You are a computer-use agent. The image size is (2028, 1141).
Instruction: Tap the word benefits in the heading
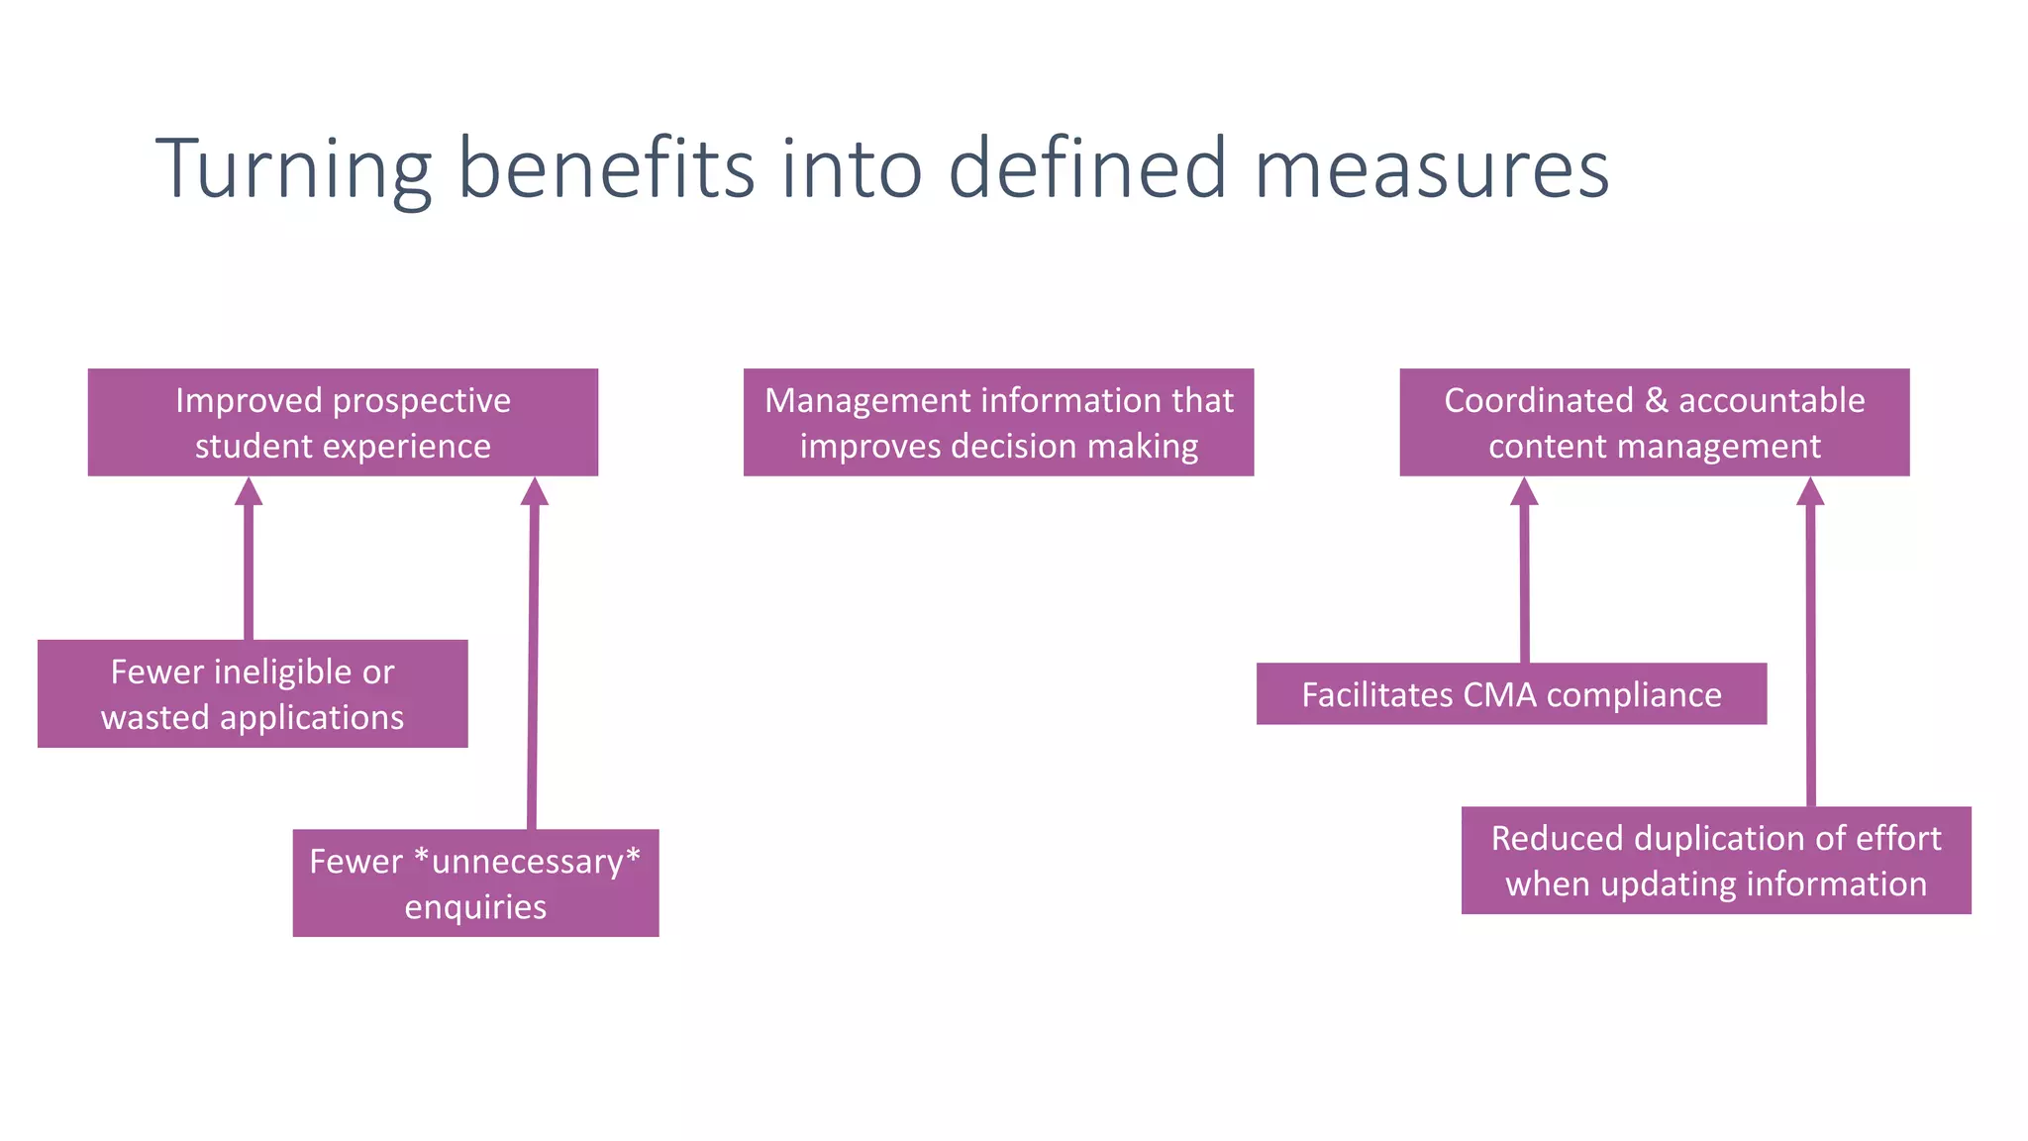pyautogui.click(x=606, y=168)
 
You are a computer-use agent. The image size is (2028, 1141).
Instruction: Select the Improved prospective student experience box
pyautogui.click(x=343, y=423)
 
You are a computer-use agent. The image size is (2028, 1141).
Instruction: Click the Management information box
pyautogui.click(x=998, y=423)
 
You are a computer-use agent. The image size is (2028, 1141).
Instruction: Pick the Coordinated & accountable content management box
pyautogui.click(x=1654, y=423)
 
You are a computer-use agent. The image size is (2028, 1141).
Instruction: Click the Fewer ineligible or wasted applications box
pyautogui.click(x=253, y=693)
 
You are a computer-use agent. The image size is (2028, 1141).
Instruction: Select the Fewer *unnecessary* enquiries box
pyautogui.click(x=475, y=882)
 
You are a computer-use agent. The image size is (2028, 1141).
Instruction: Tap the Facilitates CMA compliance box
pyautogui.click(x=1511, y=694)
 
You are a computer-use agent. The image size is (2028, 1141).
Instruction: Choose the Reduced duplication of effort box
pyautogui.click(x=1716, y=861)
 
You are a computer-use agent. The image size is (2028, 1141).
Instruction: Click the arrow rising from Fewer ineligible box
pyautogui.click(x=249, y=565)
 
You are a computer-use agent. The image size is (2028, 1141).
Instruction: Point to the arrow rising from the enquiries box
pyautogui.click(x=533, y=654)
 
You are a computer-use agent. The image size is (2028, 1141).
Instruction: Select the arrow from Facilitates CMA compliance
pyautogui.click(x=1524, y=574)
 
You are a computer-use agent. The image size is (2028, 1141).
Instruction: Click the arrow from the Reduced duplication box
pyautogui.click(x=1810, y=644)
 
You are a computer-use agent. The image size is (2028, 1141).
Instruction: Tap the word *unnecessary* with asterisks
pyautogui.click(x=528, y=861)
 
